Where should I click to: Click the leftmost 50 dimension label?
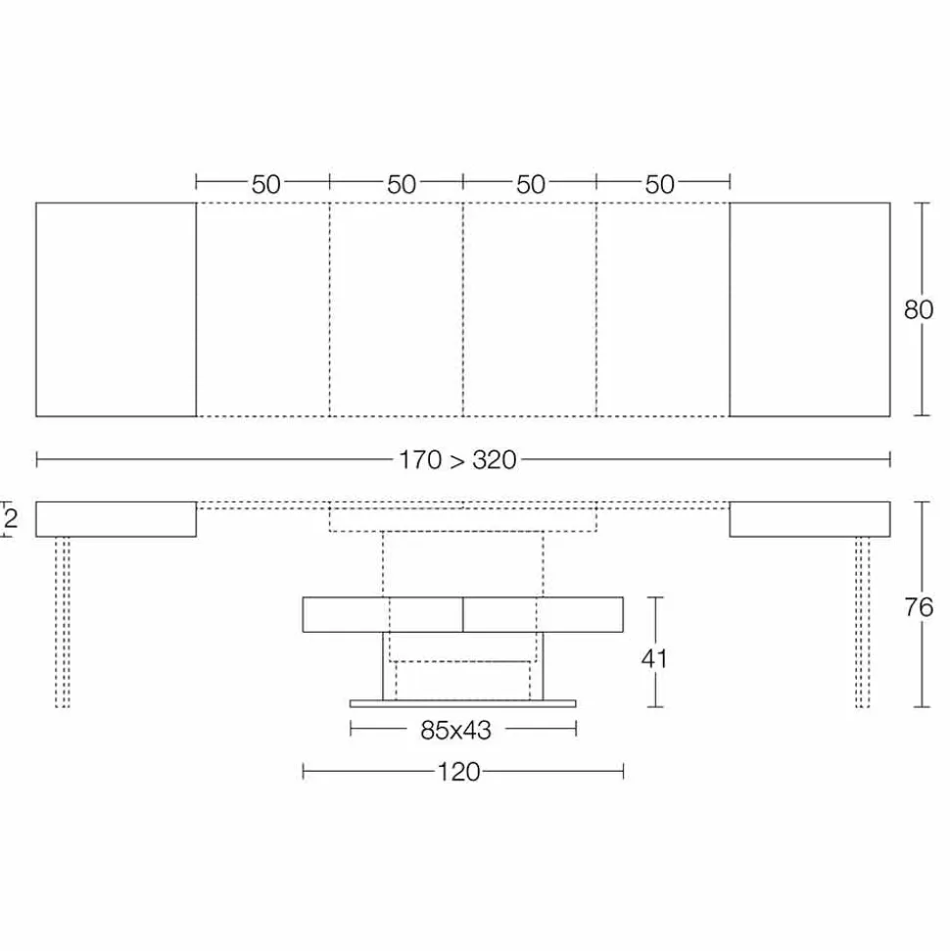pos(265,184)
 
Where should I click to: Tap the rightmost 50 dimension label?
pos(659,184)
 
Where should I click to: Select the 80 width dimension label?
pos(919,309)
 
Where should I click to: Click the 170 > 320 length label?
pos(457,460)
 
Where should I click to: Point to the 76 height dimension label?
pos(919,607)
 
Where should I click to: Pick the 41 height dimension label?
pos(654,658)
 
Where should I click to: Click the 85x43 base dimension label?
pos(455,731)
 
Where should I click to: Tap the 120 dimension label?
pos(458,772)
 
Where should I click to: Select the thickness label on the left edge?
pos(11,519)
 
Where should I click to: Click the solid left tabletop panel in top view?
pos(116,309)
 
